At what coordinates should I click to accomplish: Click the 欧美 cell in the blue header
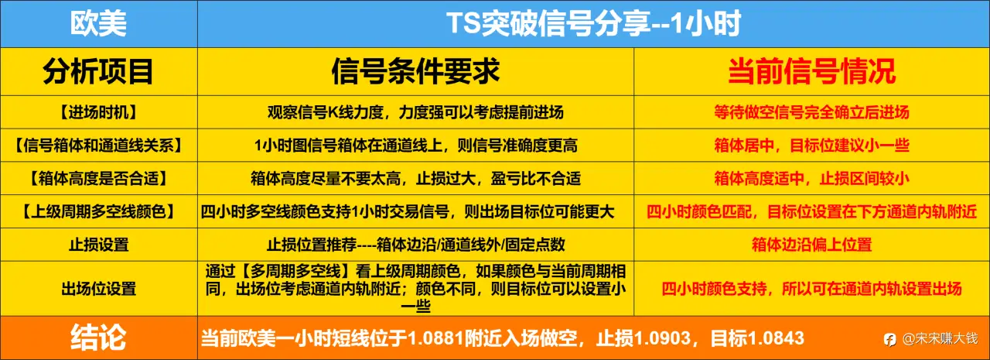click(98, 23)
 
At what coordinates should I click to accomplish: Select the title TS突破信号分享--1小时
click(593, 23)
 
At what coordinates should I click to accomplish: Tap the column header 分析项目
click(98, 71)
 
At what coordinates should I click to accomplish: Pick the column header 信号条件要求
click(415, 71)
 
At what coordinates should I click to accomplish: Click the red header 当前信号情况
click(812, 71)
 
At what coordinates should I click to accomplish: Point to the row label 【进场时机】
click(98, 112)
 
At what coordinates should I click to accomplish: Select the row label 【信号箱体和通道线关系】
click(98, 145)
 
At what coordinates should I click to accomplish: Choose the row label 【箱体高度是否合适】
click(98, 178)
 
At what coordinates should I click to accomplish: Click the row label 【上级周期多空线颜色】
click(98, 211)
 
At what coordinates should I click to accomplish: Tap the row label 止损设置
click(98, 245)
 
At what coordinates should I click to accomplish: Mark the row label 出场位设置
click(98, 289)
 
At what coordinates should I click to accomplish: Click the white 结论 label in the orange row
click(98, 338)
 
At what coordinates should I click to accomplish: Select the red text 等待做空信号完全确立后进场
click(812, 112)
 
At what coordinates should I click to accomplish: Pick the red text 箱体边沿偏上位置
click(812, 245)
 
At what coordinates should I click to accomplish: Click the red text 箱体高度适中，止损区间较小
click(812, 178)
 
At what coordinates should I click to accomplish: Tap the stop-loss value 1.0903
click(663, 338)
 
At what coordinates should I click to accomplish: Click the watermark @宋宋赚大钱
click(940, 339)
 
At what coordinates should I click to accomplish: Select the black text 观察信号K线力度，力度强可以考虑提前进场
click(415, 112)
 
